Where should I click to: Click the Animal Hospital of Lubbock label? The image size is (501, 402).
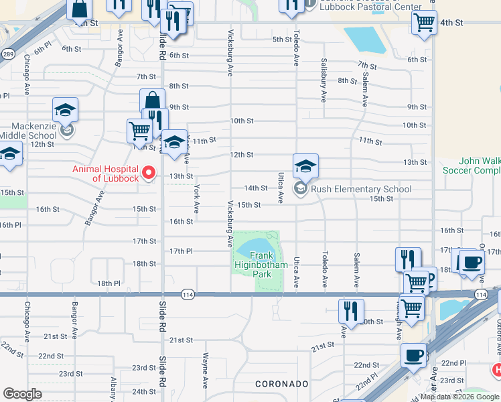(106, 174)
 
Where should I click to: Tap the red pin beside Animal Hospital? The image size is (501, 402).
(149, 174)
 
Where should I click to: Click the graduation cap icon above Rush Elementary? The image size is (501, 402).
(305, 165)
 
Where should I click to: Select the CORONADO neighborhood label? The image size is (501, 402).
(281, 384)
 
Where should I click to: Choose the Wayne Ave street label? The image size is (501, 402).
(205, 366)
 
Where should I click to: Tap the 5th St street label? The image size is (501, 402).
(281, 40)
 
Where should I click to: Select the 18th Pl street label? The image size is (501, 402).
(109, 283)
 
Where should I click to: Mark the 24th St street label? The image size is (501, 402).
(143, 391)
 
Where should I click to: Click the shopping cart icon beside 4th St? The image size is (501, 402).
(425, 22)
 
